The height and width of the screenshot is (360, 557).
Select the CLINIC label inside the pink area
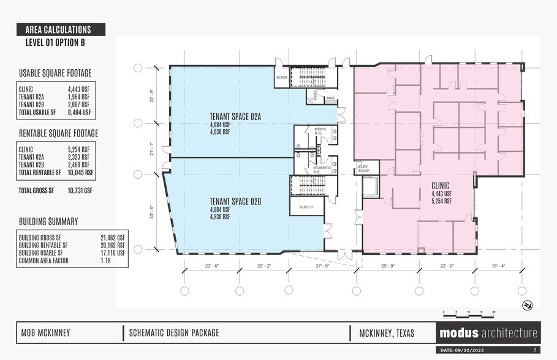pos(441,186)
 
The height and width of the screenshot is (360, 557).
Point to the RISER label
pos(282,78)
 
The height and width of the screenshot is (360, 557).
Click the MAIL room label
pos(331,97)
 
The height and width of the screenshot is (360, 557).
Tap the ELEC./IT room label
pos(306,207)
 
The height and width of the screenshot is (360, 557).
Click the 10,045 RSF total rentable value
pos(81,172)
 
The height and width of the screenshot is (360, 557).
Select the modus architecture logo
pos(488,334)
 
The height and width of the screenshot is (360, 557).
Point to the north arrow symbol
pos(526,305)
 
